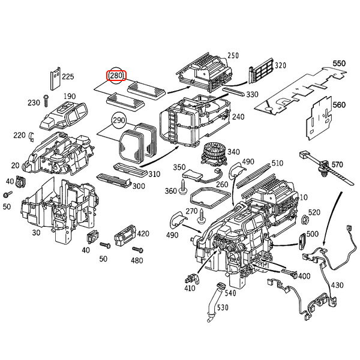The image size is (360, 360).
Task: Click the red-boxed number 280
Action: click(116, 76)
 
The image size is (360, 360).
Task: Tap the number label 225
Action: click(68, 77)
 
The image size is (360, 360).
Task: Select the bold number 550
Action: click(340, 62)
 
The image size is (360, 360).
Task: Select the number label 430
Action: click(338, 285)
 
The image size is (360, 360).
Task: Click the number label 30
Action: click(37, 233)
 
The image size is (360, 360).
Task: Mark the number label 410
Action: click(191, 289)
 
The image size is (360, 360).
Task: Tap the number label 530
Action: click(223, 308)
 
